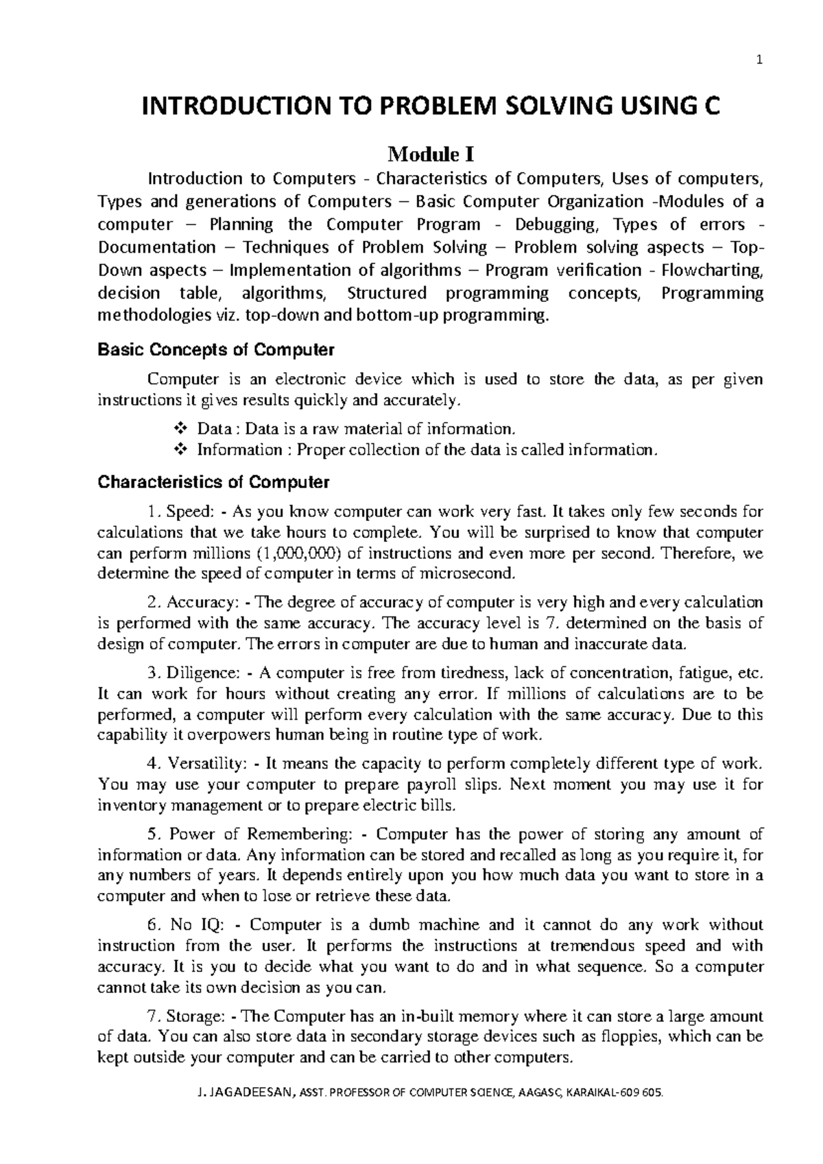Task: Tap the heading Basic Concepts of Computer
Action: (x=216, y=350)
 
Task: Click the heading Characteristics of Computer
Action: (x=213, y=482)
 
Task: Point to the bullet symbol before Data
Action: (x=181, y=429)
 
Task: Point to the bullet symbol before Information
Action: (x=181, y=450)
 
